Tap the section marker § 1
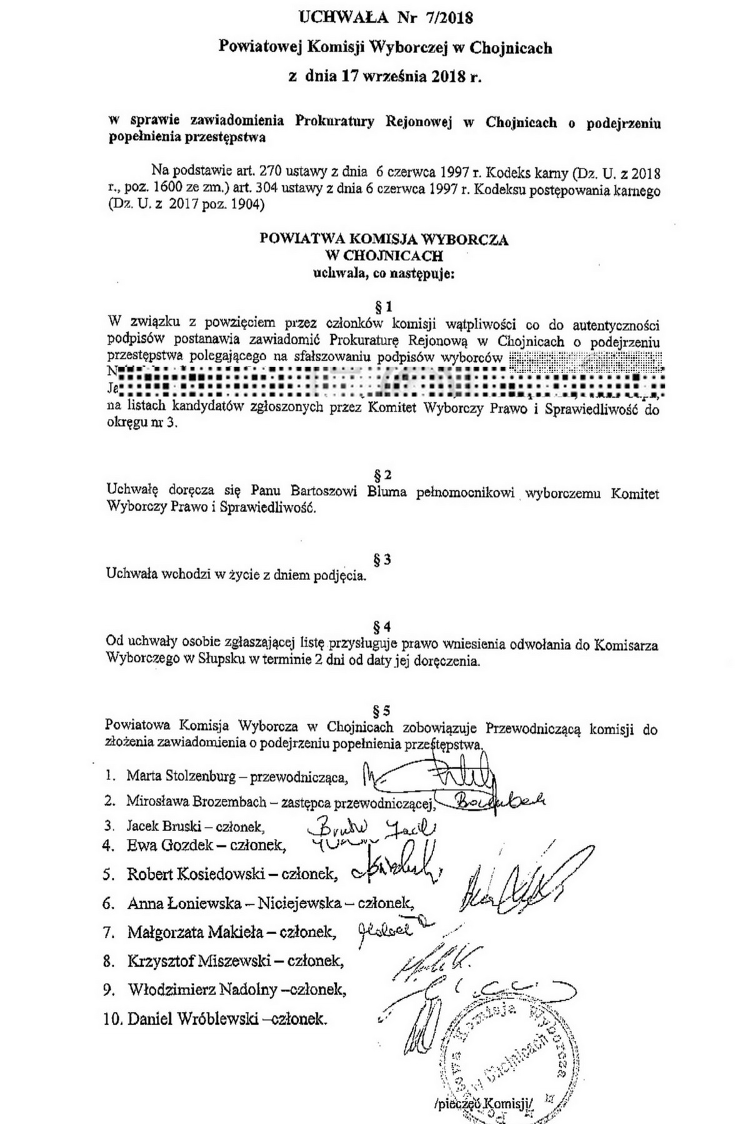tap(382, 307)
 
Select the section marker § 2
tap(382, 475)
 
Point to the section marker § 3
tap(382, 560)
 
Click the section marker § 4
tap(382, 626)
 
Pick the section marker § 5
tap(382, 710)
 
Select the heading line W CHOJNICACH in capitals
tap(384, 255)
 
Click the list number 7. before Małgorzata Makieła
tap(110, 932)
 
